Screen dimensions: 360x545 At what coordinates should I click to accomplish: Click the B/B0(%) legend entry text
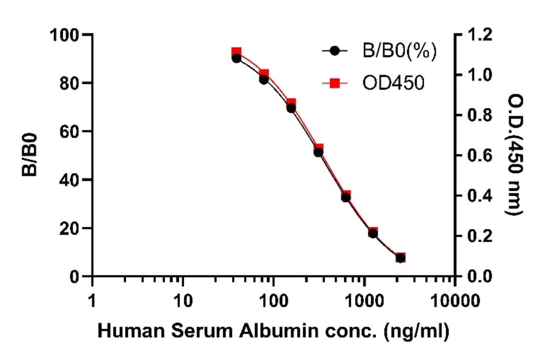(x=399, y=52)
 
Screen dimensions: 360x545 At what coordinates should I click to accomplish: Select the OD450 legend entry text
(x=393, y=82)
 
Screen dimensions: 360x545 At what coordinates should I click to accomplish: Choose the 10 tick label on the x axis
(x=182, y=300)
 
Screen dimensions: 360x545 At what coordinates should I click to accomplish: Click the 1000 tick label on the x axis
(x=364, y=300)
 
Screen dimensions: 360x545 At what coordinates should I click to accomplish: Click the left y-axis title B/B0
(x=30, y=156)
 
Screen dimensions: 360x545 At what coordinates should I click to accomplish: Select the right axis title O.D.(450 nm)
(x=515, y=156)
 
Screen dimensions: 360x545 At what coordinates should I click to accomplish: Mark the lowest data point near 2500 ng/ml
(x=400, y=258)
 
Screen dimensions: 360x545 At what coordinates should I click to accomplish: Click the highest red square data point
(x=237, y=53)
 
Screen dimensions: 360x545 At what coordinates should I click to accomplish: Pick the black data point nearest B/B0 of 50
(x=319, y=152)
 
